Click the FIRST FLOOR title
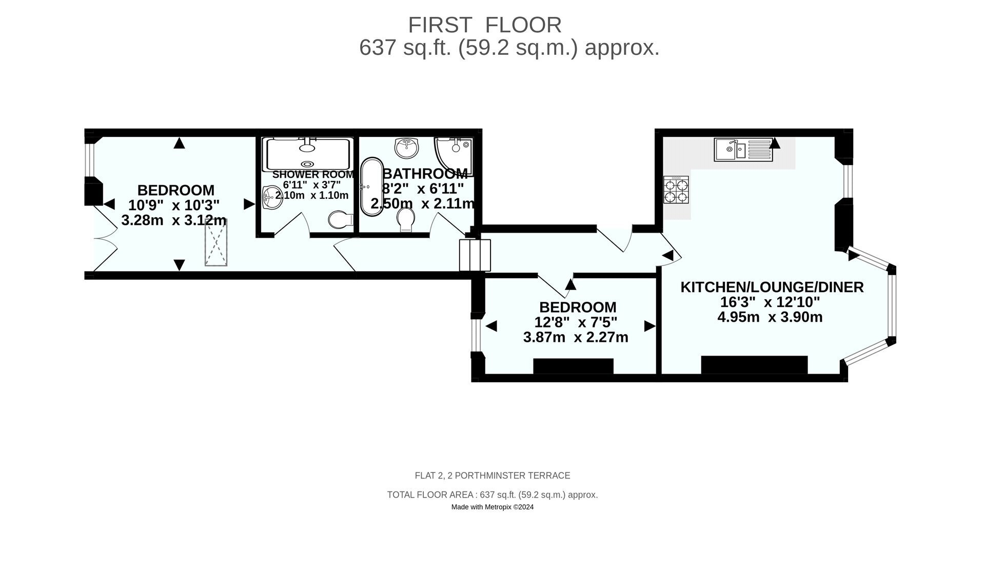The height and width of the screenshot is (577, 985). point(485,25)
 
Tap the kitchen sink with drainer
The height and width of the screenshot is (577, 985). point(743,150)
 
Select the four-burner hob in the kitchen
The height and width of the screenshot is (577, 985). point(676,190)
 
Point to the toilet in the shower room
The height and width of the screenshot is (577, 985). point(341,220)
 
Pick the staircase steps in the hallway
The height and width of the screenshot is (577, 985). point(475,255)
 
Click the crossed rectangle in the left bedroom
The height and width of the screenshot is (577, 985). point(216,243)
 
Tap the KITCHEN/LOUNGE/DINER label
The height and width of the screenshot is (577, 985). point(772,287)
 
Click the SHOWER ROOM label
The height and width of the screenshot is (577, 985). point(313,175)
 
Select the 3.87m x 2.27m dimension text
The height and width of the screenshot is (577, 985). point(576,337)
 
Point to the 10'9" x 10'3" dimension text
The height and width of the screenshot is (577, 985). point(174,205)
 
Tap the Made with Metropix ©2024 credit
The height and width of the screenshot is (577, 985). point(493,507)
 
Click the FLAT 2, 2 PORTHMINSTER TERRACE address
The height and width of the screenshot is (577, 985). point(493,476)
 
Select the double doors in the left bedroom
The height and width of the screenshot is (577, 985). point(106,238)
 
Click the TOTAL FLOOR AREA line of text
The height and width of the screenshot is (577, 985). point(493,495)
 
